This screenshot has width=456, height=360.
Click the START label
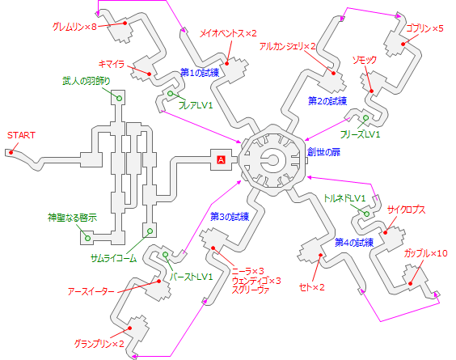(x=21, y=134)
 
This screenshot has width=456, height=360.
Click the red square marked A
(x=220, y=160)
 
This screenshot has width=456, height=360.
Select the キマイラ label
(x=110, y=61)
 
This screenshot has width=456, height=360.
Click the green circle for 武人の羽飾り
(x=118, y=98)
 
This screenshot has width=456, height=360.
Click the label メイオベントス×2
(x=228, y=33)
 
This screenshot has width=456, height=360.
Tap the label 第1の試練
(x=200, y=73)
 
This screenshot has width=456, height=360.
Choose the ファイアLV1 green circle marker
(x=171, y=95)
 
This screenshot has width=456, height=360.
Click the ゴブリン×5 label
(x=425, y=28)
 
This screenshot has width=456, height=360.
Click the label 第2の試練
(x=327, y=101)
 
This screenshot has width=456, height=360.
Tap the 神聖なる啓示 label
(x=72, y=218)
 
